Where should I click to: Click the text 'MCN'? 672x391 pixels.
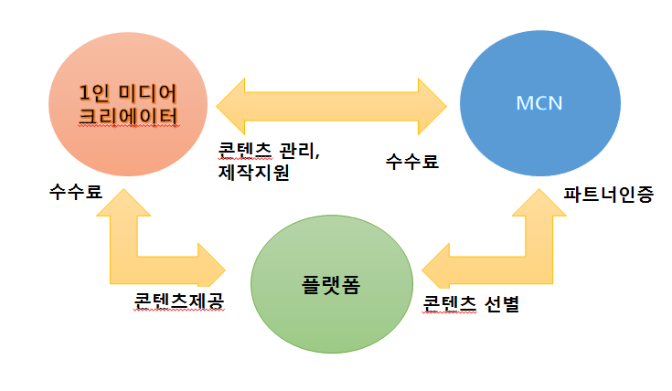(x=539, y=101)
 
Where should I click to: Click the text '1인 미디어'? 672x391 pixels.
(x=125, y=91)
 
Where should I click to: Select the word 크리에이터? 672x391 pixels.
(x=125, y=115)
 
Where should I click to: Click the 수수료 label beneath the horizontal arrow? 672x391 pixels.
(x=412, y=162)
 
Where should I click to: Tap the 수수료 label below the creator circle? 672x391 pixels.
(x=76, y=193)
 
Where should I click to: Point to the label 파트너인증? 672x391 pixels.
(x=608, y=194)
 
